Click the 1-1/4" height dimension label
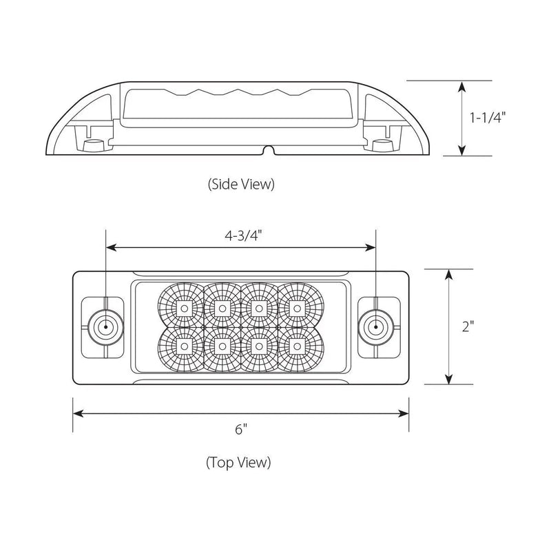[x=488, y=118]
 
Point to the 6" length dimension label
[x=240, y=430]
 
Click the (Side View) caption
[x=240, y=184]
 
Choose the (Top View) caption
[x=238, y=462]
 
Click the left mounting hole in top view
[x=105, y=326]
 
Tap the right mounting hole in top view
[x=375, y=326]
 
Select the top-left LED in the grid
[x=184, y=305]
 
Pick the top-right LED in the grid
[x=296, y=305]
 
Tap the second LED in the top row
[x=221, y=305]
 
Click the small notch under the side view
[x=269, y=150]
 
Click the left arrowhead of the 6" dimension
[x=77, y=413]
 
